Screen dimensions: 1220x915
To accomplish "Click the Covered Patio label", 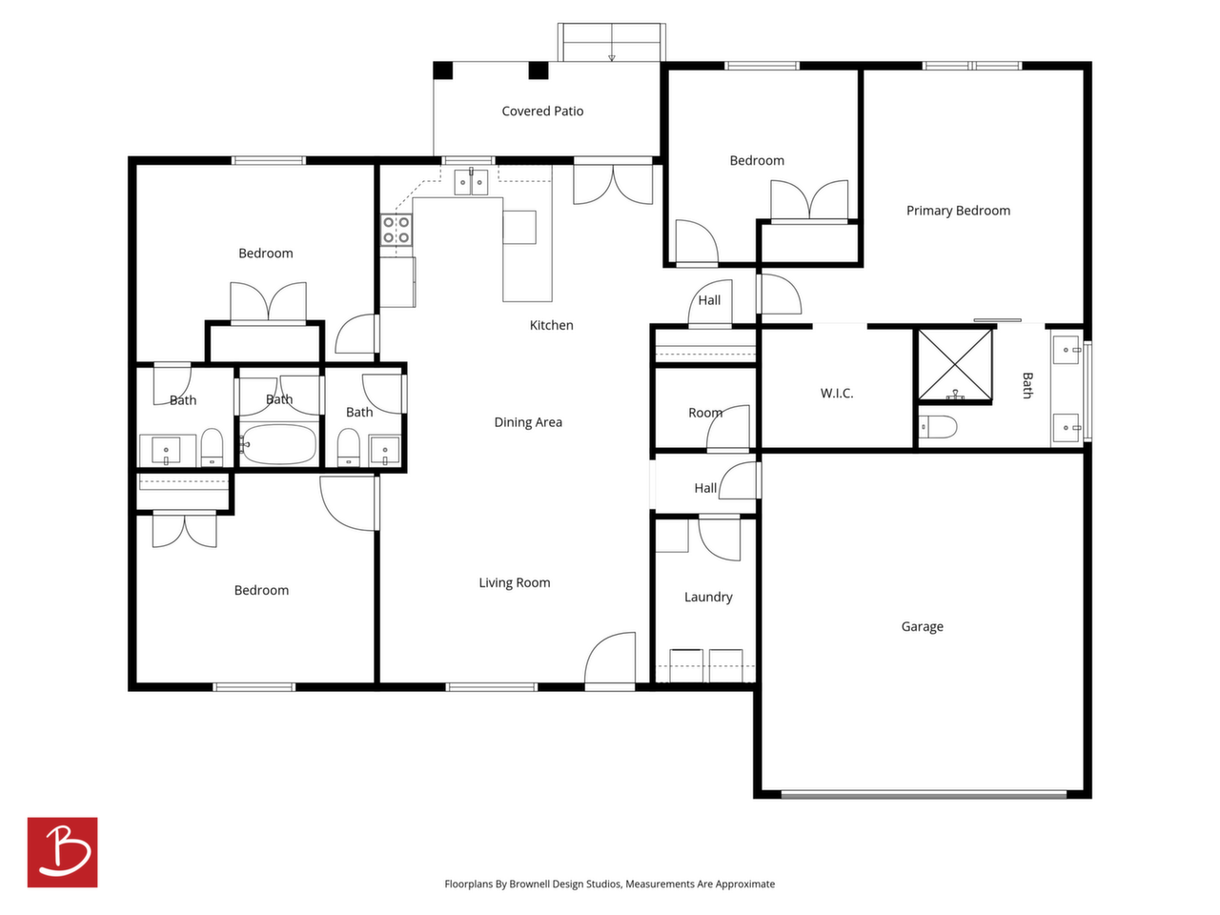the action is pos(542,112).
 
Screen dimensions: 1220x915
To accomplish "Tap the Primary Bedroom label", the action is pos(958,211).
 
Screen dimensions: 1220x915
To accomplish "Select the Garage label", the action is pos(922,626).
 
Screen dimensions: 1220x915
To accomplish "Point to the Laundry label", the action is pos(707,598).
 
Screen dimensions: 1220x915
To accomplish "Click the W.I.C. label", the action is pos(836,394).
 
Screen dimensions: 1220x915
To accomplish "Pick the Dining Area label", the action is pos(527,422).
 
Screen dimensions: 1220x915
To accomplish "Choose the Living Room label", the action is pos(514,582).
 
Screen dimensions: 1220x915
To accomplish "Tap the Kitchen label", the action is pos(551,325).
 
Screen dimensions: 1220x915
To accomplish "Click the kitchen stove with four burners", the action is pos(396,230).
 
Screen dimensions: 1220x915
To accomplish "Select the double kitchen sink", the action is pos(471,182).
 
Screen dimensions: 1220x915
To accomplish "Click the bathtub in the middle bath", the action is pos(278,444).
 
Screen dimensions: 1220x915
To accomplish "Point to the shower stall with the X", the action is pos(954,364).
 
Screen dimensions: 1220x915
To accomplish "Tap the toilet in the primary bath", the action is pos(937,427).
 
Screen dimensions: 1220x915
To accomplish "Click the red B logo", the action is pos(62,852).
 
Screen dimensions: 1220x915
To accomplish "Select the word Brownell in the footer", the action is pos(530,884).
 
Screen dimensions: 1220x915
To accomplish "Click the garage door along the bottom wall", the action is pos(924,795).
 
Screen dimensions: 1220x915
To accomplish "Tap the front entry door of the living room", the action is pos(610,661).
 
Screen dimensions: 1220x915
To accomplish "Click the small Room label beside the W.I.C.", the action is pos(704,413).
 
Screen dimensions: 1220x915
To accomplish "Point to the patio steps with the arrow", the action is pos(611,42).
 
